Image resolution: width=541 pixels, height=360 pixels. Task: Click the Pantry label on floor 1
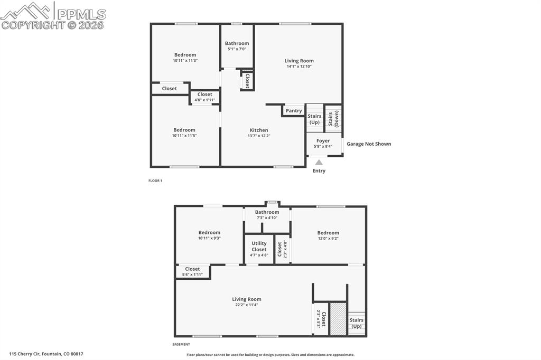click(x=294, y=111)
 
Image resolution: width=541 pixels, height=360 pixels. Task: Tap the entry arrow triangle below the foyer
click(x=319, y=163)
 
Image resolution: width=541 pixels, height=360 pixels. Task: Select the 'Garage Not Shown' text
click(x=369, y=144)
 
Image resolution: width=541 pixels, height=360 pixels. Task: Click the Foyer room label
click(x=323, y=141)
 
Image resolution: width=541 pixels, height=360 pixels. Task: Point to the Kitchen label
click(x=259, y=130)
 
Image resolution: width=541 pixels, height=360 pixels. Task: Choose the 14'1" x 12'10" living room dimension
click(x=299, y=67)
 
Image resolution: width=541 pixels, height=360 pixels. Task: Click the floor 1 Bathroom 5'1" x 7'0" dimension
click(x=237, y=49)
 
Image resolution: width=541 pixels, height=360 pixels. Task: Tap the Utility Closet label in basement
click(x=259, y=246)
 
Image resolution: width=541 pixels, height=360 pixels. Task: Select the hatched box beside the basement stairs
click(x=338, y=318)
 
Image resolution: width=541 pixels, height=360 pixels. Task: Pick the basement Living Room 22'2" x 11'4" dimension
click(x=246, y=305)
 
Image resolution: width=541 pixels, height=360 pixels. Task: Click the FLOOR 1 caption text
click(x=155, y=181)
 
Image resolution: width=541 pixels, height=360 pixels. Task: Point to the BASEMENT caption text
click(x=181, y=344)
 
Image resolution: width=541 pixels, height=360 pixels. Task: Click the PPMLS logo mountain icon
click(x=26, y=11)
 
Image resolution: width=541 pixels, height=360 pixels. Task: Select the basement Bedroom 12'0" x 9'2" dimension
click(x=328, y=238)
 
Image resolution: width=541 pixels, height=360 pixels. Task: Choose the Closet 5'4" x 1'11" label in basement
click(x=192, y=274)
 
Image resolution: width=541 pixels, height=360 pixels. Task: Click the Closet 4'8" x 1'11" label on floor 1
click(x=204, y=100)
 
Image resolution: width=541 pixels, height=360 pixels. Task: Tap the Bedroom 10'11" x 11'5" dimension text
click(x=184, y=136)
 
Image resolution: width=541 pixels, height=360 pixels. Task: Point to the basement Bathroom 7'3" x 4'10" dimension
click(x=267, y=217)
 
